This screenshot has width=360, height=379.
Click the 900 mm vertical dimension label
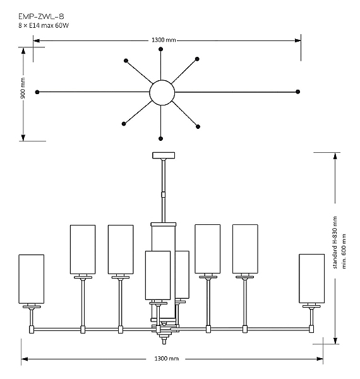23,90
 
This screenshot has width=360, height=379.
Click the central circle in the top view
162,92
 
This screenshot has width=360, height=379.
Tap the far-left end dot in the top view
38,92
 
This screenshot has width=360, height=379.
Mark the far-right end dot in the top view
297,92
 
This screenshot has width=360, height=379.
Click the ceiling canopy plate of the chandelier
164,155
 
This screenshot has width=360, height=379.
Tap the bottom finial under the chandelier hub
164,340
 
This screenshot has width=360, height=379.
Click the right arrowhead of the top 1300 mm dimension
297,40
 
